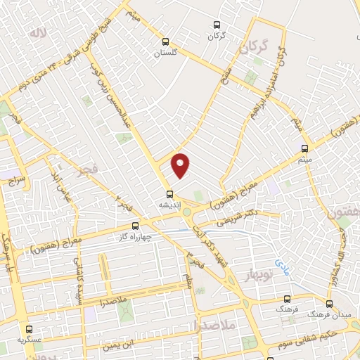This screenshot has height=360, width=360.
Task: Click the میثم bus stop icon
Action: click(x=304, y=148)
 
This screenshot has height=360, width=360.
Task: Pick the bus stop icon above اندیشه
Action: click(x=169, y=194)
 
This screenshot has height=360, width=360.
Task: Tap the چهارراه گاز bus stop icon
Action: click(x=136, y=226)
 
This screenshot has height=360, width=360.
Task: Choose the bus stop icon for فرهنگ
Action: click(x=286, y=299)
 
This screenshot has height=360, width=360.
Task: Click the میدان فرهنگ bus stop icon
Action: click(x=329, y=304)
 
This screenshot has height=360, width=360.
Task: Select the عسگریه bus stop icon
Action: click(x=29, y=328)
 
